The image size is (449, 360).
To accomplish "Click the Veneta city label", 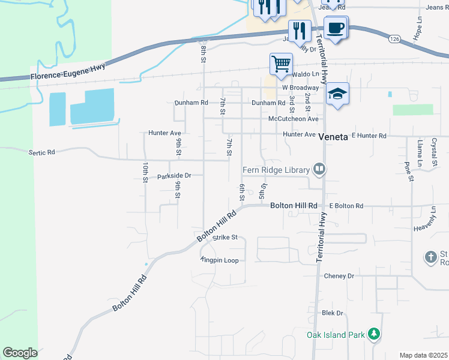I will click(x=333, y=137).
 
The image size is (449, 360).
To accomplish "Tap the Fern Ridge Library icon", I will click(x=319, y=170).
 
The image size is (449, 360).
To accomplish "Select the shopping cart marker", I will click(x=281, y=64).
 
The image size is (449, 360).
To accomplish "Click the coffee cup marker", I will click(x=336, y=27).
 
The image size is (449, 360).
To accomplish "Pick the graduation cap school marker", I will click(x=338, y=94).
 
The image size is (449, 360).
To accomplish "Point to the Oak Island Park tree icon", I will click(x=374, y=334).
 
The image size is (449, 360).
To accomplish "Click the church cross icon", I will click(x=430, y=257).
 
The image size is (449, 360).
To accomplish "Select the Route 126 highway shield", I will click(x=394, y=38).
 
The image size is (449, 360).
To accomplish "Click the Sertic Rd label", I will click(x=41, y=152).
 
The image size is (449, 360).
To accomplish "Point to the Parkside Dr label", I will click(x=173, y=176).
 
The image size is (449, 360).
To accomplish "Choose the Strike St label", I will click(x=226, y=238).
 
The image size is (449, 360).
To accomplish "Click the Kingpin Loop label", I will click(x=220, y=260).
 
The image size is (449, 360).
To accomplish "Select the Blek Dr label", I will click(x=332, y=313).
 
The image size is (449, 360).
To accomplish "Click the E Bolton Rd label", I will click(x=346, y=206).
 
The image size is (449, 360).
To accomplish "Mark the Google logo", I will click(x=20, y=353).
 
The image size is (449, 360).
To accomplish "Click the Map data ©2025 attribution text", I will click(x=423, y=355).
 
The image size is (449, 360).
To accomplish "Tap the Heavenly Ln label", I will click(x=427, y=228).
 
